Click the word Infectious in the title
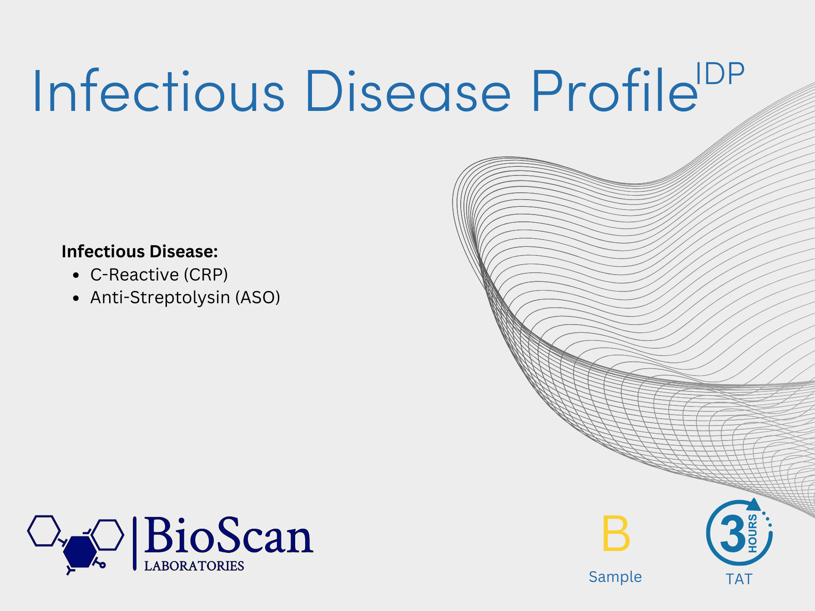[x=159, y=91]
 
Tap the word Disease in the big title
[x=409, y=91]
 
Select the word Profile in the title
[x=614, y=90]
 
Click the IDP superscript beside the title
[x=720, y=74]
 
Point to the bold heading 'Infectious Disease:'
[x=140, y=251]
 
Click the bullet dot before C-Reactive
[x=76, y=275]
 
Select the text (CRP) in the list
[x=206, y=275]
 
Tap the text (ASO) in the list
[x=257, y=297]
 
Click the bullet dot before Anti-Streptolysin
[x=76, y=298]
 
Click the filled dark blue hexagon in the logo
[x=80, y=551]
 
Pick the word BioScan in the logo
[x=228, y=536]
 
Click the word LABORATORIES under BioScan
[x=194, y=566]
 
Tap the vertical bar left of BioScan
[x=135, y=543]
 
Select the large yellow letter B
[x=616, y=533]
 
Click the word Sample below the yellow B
[x=615, y=576]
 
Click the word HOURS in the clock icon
[x=753, y=533]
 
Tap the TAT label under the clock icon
[x=739, y=579]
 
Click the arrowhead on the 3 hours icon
[x=754, y=505]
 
